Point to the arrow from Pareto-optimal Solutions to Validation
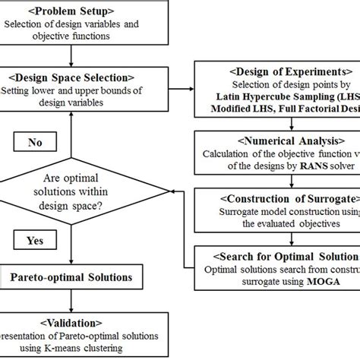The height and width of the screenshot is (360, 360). pos(69,300)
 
